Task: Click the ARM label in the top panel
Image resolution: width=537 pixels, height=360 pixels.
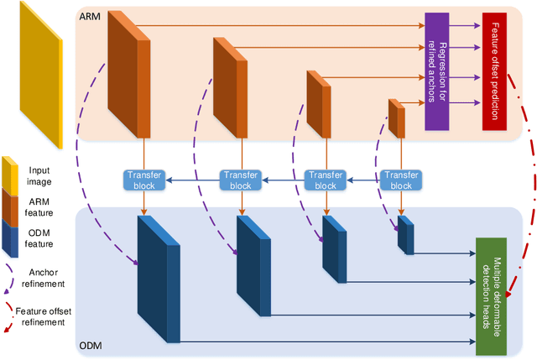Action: [x=91, y=16]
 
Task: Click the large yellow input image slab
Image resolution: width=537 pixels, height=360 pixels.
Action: [x=38, y=71]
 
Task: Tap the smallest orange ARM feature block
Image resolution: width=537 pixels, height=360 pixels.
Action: [x=396, y=117]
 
